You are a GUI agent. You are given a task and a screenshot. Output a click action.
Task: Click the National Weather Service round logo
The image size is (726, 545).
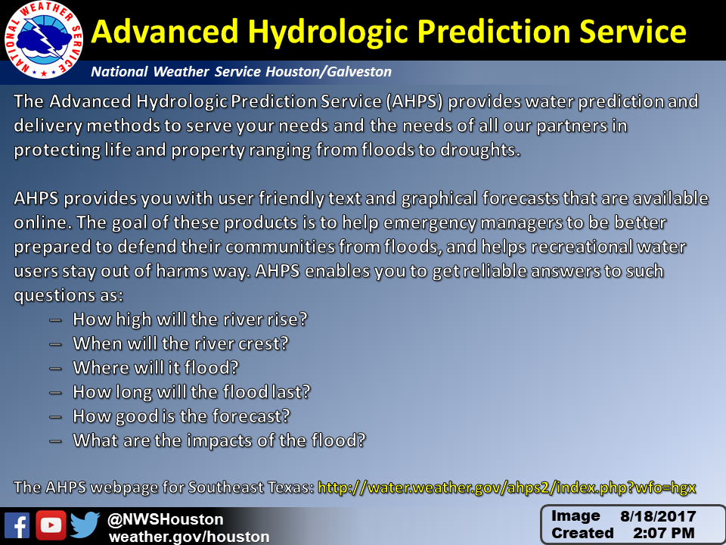(x=44, y=39)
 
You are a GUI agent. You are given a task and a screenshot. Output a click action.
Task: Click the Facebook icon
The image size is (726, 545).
(x=17, y=525)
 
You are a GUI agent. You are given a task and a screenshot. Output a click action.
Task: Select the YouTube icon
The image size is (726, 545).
(x=51, y=525)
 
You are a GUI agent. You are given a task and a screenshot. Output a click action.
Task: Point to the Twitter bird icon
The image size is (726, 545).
(x=85, y=525)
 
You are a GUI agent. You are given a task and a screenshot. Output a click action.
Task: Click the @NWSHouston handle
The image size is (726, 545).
(x=166, y=519)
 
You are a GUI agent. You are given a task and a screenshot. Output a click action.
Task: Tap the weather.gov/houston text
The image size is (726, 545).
(x=189, y=537)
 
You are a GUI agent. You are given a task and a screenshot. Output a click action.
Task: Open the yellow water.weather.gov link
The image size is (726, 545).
(x=507, y=487)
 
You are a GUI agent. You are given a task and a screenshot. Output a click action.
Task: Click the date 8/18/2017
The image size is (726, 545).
(x=658, y=516)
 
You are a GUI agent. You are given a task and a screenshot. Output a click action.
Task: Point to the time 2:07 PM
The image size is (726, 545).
(x=664, y=533)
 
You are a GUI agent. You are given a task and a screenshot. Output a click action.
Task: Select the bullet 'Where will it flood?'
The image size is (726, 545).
(x=156, y=368)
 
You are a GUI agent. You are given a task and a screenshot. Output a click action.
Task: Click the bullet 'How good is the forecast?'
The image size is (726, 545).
(x=181, y=416)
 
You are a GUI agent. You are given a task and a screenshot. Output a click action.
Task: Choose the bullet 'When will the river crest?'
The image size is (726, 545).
(x=181, y=344)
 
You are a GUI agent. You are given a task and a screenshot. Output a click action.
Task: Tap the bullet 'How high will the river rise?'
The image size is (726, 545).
(x=190, y=319)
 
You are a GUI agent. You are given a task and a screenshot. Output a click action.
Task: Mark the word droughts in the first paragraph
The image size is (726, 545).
(x=480, y=150)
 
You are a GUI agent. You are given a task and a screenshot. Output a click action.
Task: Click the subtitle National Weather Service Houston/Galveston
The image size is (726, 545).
(x=241, y=72)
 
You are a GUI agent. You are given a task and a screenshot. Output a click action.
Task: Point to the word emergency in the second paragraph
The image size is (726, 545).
(x=430, y=223)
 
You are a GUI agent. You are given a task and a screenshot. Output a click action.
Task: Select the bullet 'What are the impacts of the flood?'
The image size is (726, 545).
(x=219, y=441)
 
